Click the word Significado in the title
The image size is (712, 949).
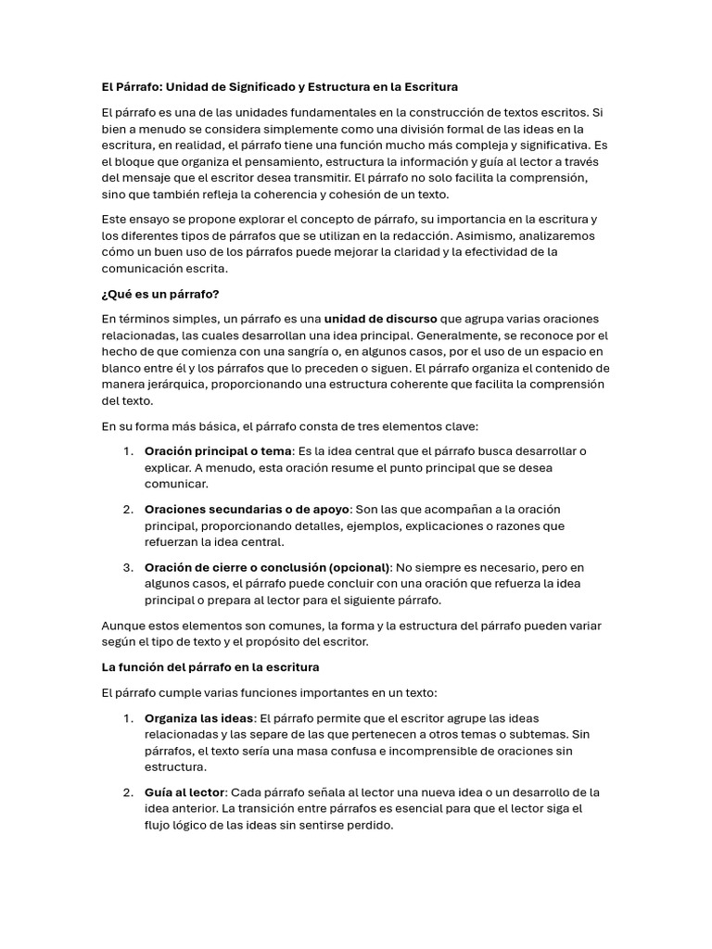(259, 87)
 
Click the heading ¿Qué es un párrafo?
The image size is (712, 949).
(160, 294)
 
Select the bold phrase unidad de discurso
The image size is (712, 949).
(380, 319)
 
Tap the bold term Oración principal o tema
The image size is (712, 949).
(218, 451)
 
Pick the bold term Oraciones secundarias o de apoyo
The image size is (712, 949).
(247, 509)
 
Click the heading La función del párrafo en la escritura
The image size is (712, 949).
(210, 667)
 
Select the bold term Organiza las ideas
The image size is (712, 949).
(198, 718)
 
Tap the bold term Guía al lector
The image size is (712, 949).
(184, 792)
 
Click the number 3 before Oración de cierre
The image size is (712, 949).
(127, 567)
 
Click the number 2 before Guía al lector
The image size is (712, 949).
(127, 792)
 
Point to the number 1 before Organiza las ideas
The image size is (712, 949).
(127, 718)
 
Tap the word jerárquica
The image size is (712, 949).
(180, 385)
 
